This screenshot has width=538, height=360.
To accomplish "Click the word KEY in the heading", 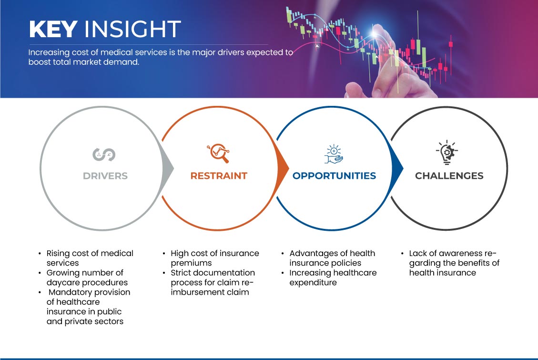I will pyautogui.click(x=53, y=30).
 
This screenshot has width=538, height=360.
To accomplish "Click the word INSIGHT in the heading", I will pyautogui.click(x=132, y=30).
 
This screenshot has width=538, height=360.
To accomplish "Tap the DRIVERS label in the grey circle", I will pyautogui.click(x=105, y=176).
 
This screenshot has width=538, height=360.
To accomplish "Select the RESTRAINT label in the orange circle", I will pyautogui.click(x=219, y=176).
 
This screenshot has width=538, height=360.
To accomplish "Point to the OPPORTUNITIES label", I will pyautogui.click(x=334, y=176).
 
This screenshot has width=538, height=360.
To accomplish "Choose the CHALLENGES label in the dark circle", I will pyautogui.click(x=449, y=176).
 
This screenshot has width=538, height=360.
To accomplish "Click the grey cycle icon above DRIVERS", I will pyautogui.click(x=104, y=154).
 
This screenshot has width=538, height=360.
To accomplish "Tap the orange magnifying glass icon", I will pyautogui.click(x=218, y=154).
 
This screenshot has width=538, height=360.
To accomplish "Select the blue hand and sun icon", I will pyautogui.click(x=334, y=154).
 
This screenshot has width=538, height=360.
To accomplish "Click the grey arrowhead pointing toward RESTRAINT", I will pyautogui.click(x=168, y=169).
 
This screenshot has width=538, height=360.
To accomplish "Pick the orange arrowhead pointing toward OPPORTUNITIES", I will pyautogui.click(x=284, y=169).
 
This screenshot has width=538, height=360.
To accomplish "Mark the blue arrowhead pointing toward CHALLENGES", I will pyautogui.click(x=399, y=169).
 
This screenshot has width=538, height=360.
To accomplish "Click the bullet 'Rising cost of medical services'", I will pyautogui.click(x=90, y=258).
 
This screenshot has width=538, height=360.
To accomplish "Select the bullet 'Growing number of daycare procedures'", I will pyautogui.click(x=85, y=278).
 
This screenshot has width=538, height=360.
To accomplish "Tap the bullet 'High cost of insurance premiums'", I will pyautogui.click(x=214, y=258).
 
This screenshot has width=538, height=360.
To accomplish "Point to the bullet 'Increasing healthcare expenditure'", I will pyautogui.click(x=333, y=278).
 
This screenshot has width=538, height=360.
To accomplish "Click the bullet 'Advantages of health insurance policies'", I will pyautogui.click(x=332, y=258).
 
